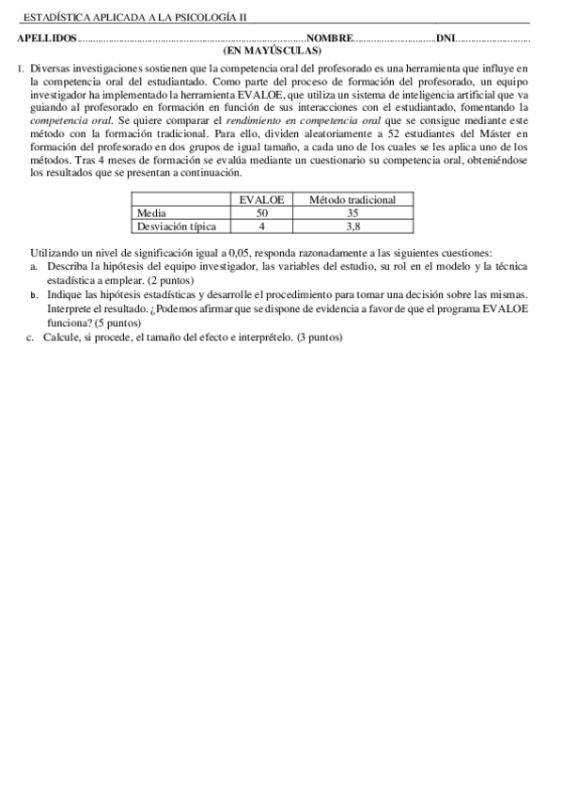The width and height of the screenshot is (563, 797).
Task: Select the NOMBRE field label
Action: (x=329, y=39)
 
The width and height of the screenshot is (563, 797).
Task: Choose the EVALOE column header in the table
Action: (x=261, y=200)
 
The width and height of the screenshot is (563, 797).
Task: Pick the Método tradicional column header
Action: (x=352, y=200)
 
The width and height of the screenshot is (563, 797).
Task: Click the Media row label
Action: (x=151, y=213)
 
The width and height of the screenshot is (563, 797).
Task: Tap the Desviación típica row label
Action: (x=177, y=227)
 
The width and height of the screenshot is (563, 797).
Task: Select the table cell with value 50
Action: (x=261, y=213)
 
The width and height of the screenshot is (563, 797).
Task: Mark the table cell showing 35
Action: (x=352, y=213)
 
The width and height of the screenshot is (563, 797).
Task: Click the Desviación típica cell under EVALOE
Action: (x=261, y=227)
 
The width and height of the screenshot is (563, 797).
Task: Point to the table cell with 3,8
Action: (x=352, y=227)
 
